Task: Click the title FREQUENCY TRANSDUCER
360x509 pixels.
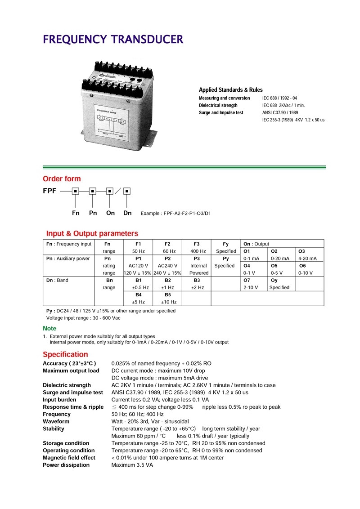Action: tap(113, 40)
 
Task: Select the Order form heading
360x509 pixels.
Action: tap(62, 179)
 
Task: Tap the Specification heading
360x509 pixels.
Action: tap(65, 354)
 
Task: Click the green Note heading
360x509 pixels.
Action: tap(49, 329)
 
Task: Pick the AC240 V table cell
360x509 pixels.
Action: tap(167, 266)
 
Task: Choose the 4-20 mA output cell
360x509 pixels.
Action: tap(307, 259)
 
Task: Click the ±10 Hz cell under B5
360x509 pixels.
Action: tap(167, 302)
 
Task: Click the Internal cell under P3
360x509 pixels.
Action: tap(198, 266)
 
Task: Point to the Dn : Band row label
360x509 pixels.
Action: tap(58, 280)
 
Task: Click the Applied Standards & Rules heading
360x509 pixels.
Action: tap(231, 90)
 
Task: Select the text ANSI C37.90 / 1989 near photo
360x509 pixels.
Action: tap(280, 112)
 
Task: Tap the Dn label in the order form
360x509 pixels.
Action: tap(127, 213)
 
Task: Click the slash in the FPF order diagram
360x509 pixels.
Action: tap(118, 191)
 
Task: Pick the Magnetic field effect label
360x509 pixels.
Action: tap(69, 458)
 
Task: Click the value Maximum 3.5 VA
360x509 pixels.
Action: tap(132, 465)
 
